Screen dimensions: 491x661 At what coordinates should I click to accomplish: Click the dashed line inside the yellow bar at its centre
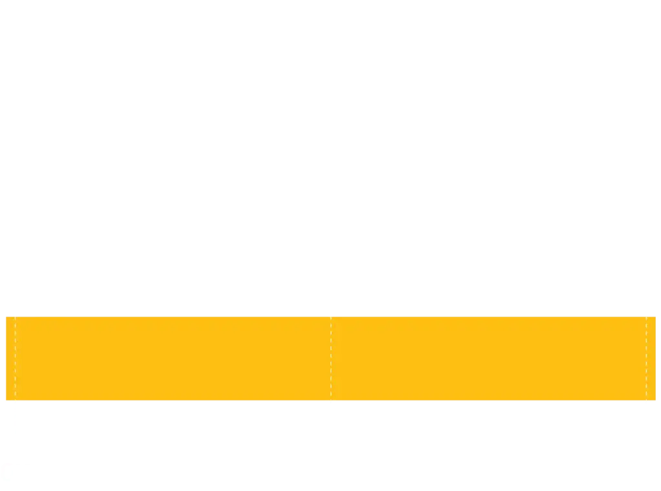(x=330, y=359)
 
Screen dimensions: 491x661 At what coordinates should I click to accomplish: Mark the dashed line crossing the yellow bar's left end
(x=15, y=359)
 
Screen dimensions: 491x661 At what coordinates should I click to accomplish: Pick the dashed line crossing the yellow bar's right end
(x=647, y=359)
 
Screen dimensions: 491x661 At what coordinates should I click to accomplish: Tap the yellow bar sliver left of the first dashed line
(x=10, y=359)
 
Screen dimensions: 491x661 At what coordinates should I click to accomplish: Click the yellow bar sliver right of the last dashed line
(x=652, y=359)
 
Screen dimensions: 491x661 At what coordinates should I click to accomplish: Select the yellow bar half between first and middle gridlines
(x=173, y=359)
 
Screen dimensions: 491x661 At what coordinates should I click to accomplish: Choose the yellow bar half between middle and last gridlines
(x=489, y=359)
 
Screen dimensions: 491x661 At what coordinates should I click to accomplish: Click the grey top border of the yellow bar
(x=452, y=316)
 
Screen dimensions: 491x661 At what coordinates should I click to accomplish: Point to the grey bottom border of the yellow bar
(x=452, y=402)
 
